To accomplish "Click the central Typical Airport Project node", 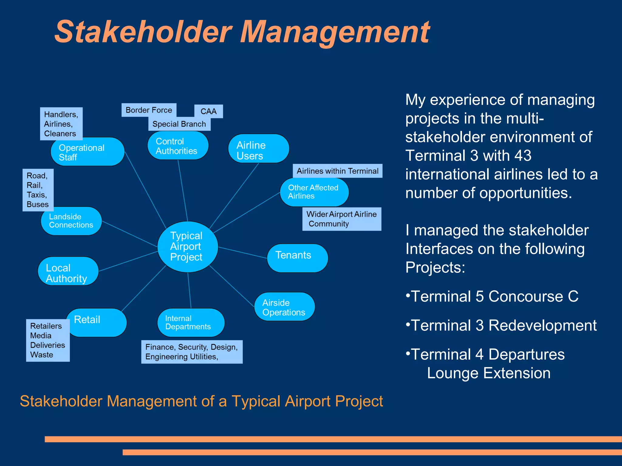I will tap(187, 246).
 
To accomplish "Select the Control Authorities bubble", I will tap(178, 146).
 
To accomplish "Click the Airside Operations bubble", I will tap(284, 307).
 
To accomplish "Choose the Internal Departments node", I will tap(191, 323).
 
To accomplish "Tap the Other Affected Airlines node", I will tap(314, 192).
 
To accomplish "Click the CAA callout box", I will tap(209, 111).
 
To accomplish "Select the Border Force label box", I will tap(149, 110).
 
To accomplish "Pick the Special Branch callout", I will tap(179, 124).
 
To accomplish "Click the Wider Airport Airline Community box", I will tap(342, 219).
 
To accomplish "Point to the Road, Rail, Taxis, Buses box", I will tap(38, 190).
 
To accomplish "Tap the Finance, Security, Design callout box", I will tap(192, 352).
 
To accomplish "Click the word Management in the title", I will tap(335, 32).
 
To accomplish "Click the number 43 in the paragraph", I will tap(522, 156).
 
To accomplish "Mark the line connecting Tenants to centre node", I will tap(242, 252).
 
